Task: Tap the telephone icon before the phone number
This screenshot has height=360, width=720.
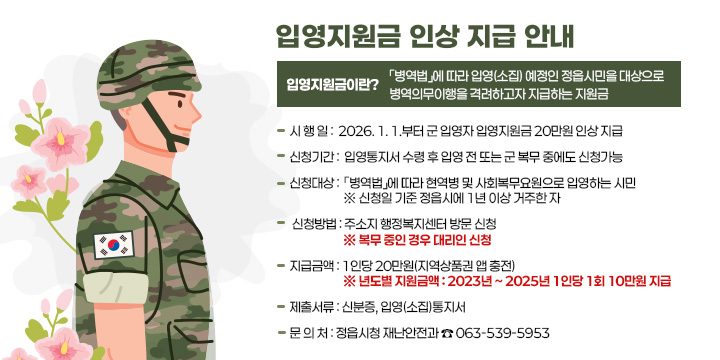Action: click(x=446, y=332)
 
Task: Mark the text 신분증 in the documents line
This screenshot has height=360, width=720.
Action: click(x=357, y=307)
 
